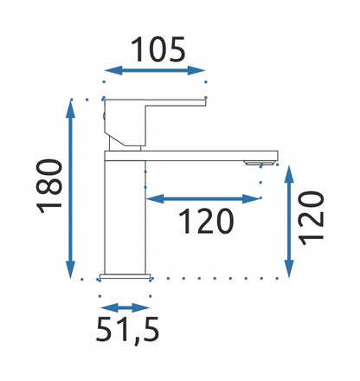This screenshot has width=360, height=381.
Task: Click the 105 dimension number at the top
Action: coord(158,49)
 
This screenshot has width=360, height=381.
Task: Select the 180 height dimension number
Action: coord(49,186)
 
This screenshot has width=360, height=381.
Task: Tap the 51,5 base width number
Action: coord(127,329)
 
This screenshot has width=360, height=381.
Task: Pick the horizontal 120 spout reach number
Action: coord(206,221)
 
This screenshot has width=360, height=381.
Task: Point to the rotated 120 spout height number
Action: coord(311,218)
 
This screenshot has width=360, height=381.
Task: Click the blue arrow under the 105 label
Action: coord(155,70)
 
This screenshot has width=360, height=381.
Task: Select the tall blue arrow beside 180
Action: coord(70,189)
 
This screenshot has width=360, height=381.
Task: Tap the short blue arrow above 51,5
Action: coord(125,307)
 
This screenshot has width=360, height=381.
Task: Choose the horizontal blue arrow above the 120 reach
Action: coord(202,198)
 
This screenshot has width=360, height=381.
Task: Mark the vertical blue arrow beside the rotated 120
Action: coord(289,222)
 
